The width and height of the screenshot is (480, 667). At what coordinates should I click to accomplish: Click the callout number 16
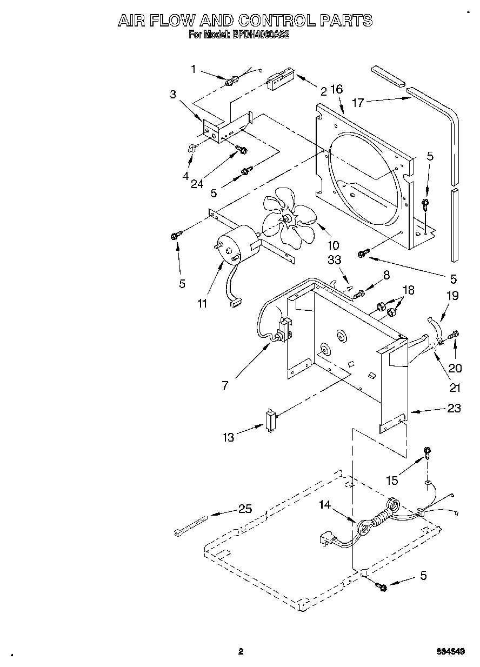pyautogui.click(x=336, y=89)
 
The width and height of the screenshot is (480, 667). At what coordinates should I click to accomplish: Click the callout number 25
pyautogui.click(x=245, y=509)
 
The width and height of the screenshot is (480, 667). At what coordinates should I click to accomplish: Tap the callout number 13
pyautogui.click(x=229, y=437)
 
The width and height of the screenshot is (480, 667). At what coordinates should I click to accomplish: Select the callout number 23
pyautogui.click(x=454, y=408)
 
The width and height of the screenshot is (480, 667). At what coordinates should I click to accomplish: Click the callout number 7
pyautogui.click(x=225, y=385)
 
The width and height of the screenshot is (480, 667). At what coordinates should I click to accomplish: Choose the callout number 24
pyautogui.click(x=197, y=183)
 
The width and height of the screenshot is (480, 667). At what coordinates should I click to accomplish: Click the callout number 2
pyautogui.click(x=323, y=91)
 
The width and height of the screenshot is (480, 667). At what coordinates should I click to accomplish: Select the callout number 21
pyautogui.click(x=455, y=388)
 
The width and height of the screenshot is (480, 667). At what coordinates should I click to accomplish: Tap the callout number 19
pyautogui.click(x=452, y=296)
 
